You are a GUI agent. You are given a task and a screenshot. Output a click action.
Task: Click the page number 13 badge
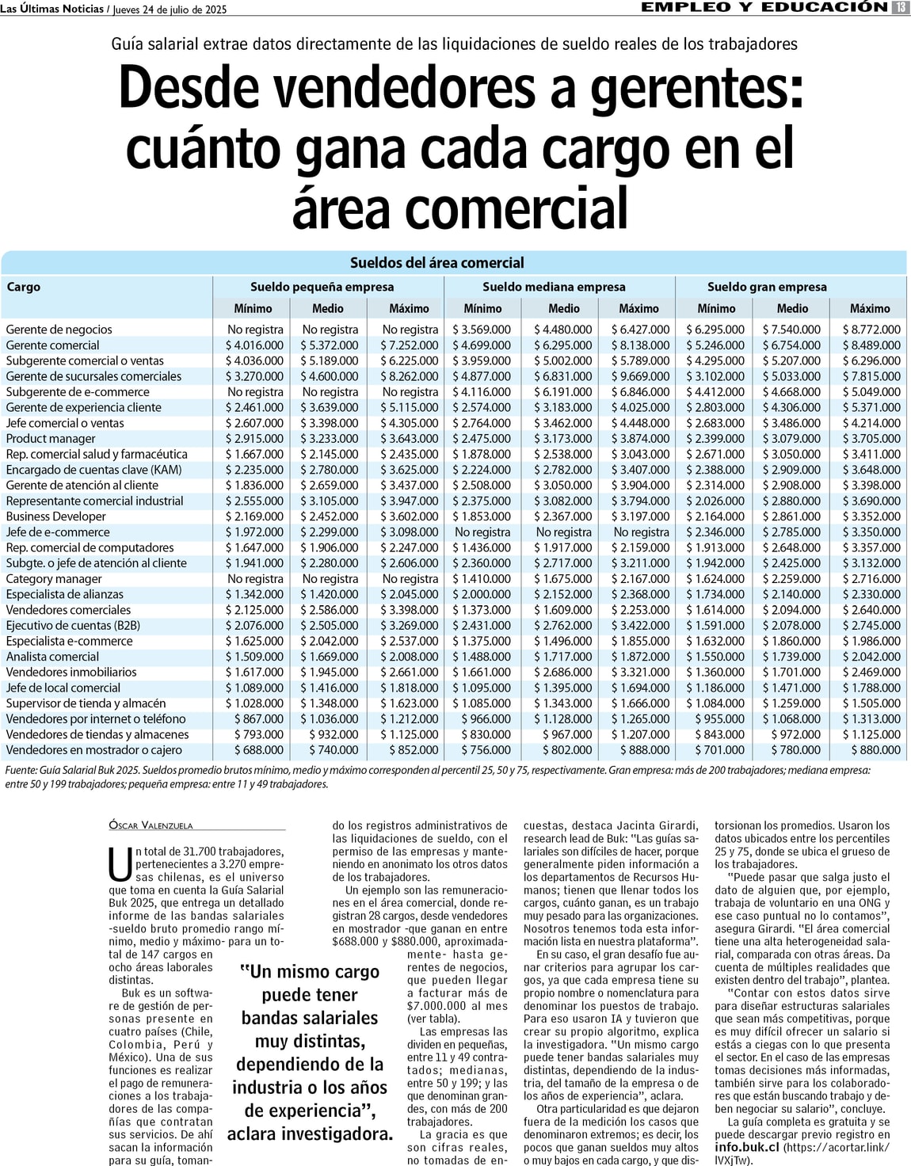(x=900, y=8)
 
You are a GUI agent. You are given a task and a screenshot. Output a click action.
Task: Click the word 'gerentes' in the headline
(x=696, y=87)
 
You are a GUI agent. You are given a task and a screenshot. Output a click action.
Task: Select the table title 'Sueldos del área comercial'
(x=436, y=263)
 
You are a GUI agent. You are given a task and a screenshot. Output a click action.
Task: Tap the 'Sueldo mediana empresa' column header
(x=554, y=287)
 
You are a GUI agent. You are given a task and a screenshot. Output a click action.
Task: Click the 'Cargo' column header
(x=24, y=287)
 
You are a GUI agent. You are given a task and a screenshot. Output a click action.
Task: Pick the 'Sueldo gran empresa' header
(x=766, y=287)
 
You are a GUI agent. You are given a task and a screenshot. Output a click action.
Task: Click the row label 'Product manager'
(x=51, y=439)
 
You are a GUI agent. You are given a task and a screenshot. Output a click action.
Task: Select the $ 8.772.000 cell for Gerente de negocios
(x=871, y=330)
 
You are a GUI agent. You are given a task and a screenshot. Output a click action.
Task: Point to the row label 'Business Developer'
(x=56, y=516)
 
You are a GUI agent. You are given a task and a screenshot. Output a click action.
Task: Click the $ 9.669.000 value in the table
(x=640, y=376)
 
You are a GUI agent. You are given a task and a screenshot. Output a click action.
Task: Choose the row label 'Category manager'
(x=54, y=579)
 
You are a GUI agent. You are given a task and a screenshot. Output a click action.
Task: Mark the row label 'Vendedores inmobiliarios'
(x=71, y=673)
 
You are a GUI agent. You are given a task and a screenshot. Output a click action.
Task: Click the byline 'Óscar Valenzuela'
(x=151, y=825)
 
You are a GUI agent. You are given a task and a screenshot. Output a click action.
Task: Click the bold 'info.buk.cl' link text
(x=747, y=1147)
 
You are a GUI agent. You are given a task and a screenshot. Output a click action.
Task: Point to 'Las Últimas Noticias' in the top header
(x=52, y=9)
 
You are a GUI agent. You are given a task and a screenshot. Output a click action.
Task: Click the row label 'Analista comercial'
(x=53, y=657)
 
